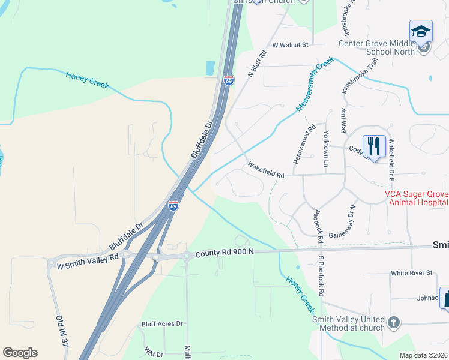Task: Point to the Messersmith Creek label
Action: point(315,84)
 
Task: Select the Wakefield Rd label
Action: point(265,170)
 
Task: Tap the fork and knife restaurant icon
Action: point(374,145)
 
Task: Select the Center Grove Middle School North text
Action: point(376,47)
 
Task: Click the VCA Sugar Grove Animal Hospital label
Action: point(416,198)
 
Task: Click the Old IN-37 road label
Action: point(61,331)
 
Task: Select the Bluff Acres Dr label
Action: point(162,324)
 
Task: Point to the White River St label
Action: point(411,273)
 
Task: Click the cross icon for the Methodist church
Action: point(393,322)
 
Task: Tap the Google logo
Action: point(20,353)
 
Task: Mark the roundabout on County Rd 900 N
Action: point(187,256)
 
